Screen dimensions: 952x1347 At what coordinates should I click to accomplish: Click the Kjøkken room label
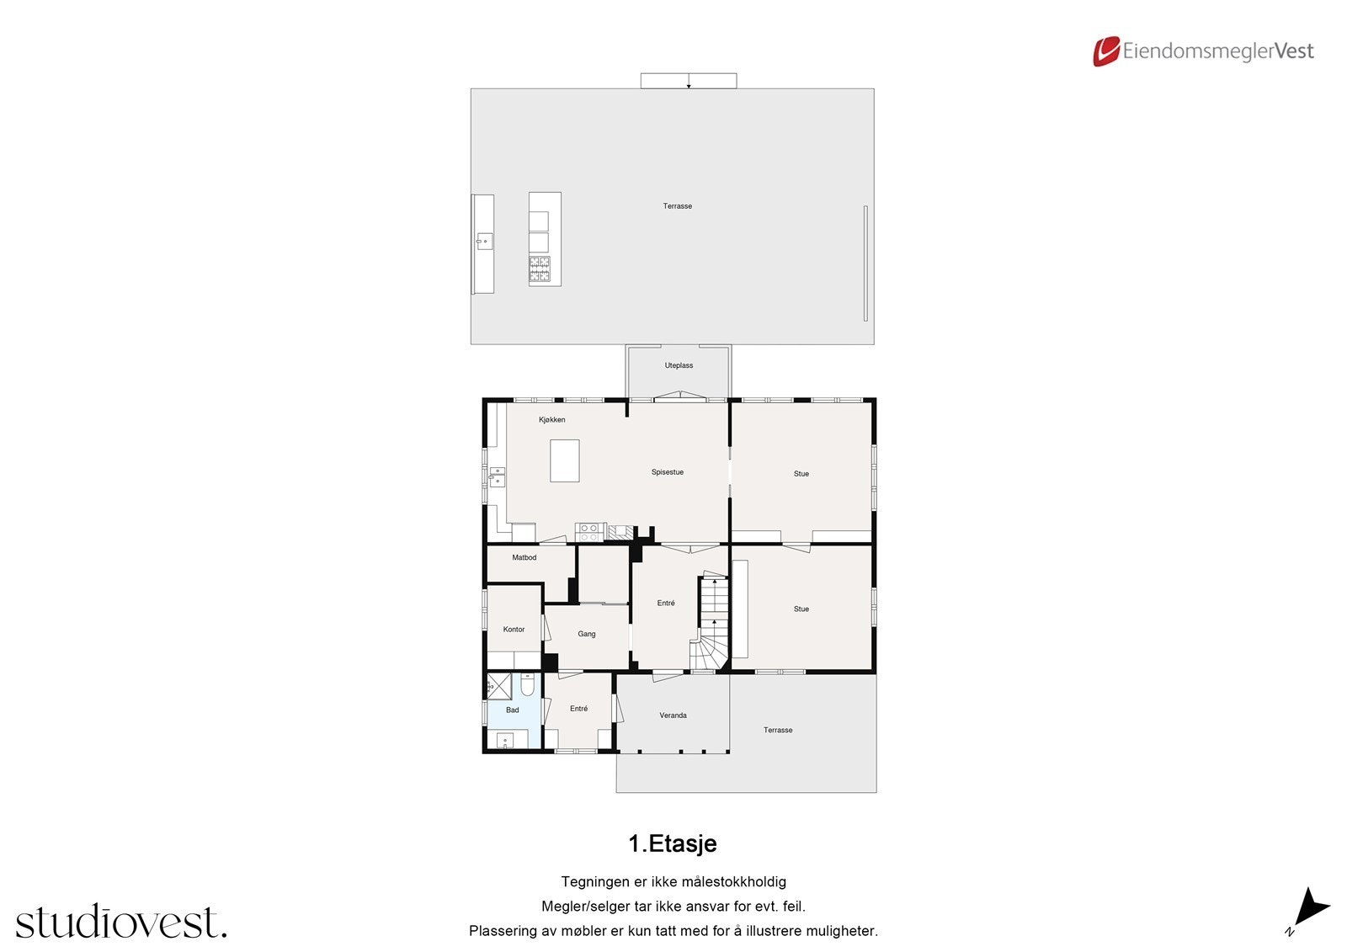[551, 419]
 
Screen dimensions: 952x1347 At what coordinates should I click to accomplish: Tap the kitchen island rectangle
[564, 460]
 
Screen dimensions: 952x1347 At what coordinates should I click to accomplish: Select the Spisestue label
[667, 472]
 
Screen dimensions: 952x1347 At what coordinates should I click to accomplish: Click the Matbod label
[524, 557]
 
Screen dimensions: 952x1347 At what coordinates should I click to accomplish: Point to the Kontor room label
[514, 629]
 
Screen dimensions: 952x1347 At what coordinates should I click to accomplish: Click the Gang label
[586, 634]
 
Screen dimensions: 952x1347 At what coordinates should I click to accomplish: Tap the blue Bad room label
[512, 710]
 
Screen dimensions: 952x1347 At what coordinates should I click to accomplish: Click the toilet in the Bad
[527, 685]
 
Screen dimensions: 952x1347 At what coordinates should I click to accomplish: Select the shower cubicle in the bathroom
[499, 686]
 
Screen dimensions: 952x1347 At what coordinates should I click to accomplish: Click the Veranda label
[673, 715]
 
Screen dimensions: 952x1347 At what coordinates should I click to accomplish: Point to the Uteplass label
[679, 365]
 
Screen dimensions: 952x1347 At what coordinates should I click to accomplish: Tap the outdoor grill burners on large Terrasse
[539, 269]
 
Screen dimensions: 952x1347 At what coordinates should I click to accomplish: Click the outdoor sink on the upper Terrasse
[483, 242]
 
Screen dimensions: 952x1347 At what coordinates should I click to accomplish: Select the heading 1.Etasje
[672, 843]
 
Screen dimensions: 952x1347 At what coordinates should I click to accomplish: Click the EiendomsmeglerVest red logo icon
[1105, 51]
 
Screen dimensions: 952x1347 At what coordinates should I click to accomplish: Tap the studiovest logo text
[120, 922]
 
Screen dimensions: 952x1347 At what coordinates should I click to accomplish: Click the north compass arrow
[1309, 909]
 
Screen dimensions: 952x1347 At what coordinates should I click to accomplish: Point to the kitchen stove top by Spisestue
[588, 531]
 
